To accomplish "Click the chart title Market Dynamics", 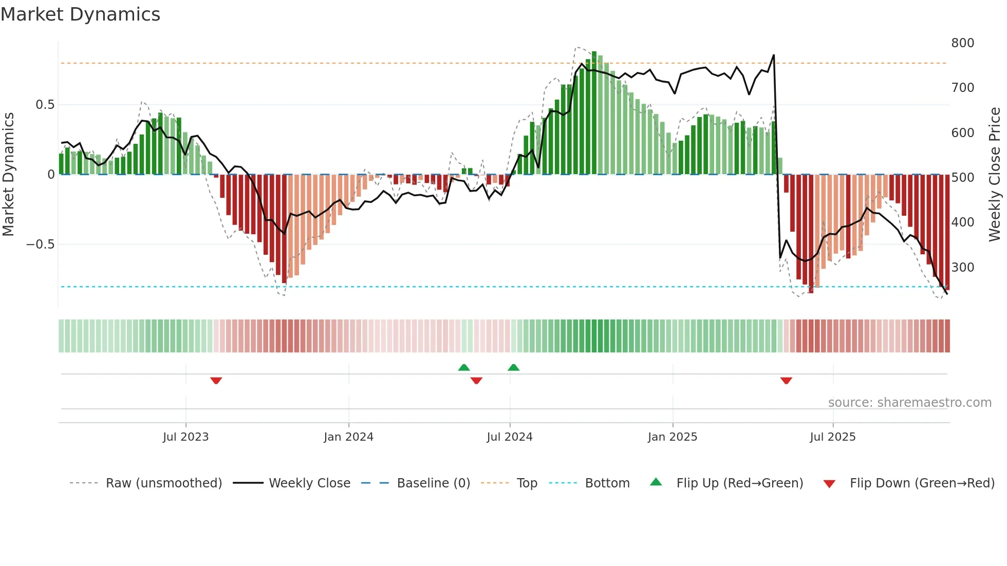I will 80,14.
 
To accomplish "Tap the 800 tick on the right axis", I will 962,43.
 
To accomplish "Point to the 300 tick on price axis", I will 962,268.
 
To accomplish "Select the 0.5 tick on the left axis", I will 45,105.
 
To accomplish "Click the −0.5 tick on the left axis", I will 41,244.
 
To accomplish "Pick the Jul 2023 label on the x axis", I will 185,437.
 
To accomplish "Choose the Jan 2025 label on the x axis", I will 672,437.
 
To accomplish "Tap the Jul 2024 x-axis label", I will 509,437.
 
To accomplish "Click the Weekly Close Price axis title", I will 995,175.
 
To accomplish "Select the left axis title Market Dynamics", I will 8,175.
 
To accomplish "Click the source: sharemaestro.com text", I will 909,403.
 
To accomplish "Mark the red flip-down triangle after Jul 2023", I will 216,381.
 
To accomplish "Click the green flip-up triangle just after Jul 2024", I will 513,367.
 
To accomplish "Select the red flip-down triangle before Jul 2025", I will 786,381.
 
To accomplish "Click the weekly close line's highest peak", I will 773,55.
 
